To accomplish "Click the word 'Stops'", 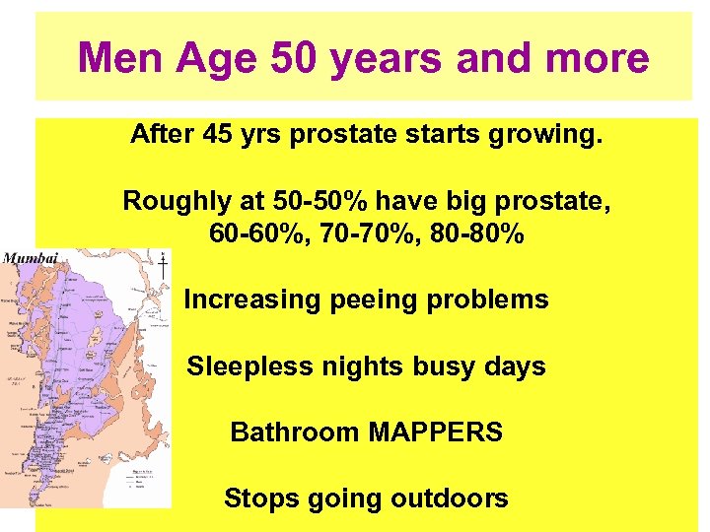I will (260, 499).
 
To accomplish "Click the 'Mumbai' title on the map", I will (32, 259).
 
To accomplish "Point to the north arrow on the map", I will (162, 266).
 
